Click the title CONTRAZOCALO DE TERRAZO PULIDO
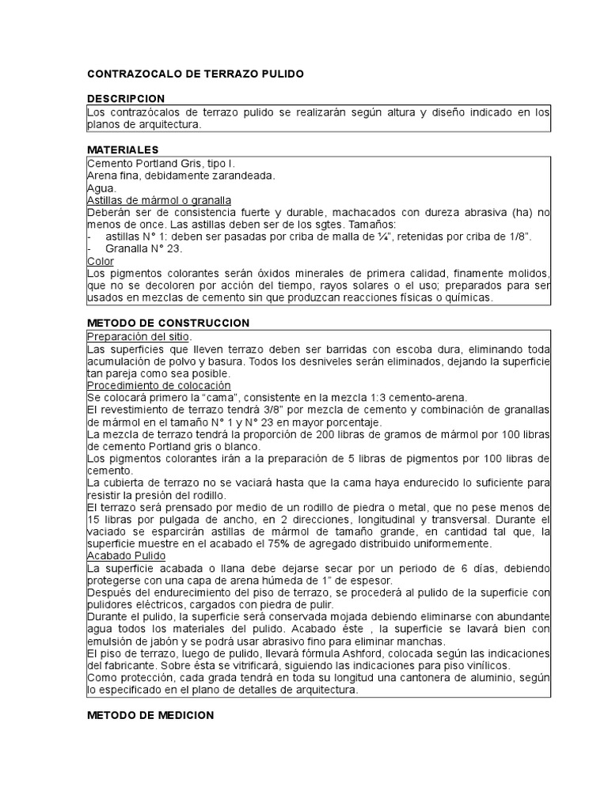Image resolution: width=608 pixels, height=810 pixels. click(195, 74)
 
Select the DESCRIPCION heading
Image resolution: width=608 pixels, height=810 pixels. click(125, 99)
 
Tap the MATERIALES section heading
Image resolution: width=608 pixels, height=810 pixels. click(122, 150)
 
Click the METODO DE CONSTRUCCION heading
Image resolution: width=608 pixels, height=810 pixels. click(168, 324)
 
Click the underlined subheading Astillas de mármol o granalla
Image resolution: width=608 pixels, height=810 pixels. click(158, 201)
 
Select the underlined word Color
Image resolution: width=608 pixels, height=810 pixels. click(100, 261)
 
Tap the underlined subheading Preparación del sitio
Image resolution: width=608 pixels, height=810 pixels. click(139, 336)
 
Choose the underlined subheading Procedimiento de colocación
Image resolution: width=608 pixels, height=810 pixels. click(158, 385)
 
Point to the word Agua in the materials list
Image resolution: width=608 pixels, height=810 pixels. click(100, 188)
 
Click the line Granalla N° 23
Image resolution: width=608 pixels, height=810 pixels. click(143, 248)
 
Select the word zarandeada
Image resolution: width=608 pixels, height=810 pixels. click(238, 176)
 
